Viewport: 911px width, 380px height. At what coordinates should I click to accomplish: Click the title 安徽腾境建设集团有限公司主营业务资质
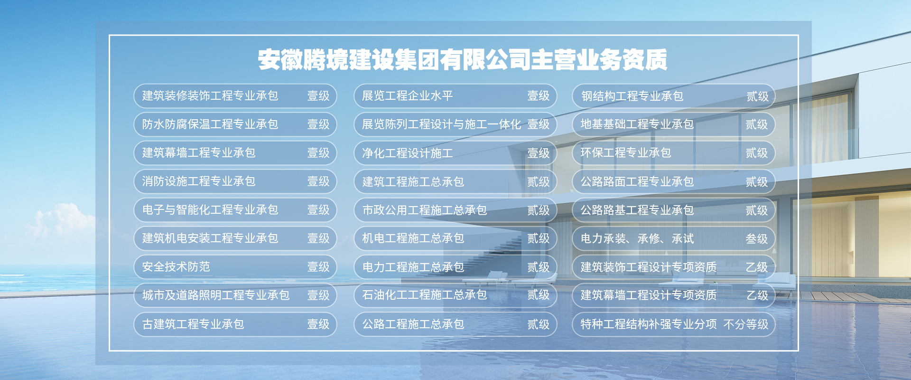[463, 60]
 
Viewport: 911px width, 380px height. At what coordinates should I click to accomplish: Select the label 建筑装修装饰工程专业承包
[210, 96]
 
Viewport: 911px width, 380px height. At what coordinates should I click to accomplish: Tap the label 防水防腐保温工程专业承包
[210, 124]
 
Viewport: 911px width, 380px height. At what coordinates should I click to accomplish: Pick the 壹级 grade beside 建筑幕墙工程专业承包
[318, 153]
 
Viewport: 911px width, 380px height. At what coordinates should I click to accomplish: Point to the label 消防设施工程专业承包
[199, 181]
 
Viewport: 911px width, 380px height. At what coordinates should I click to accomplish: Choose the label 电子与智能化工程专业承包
[210, 210]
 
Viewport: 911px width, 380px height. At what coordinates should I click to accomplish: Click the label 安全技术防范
[176, 267]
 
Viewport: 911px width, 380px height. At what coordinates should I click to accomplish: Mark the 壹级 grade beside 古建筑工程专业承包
[318, 324]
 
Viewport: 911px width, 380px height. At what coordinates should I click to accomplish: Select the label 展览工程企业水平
[408, 96]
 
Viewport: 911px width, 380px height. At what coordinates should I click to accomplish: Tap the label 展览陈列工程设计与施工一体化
[442, 124]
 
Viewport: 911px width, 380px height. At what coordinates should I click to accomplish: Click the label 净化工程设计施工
[408, 153]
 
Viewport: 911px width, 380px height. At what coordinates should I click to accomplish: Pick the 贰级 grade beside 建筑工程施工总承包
[539, 182]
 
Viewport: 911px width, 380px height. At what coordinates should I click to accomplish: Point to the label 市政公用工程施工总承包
[425, 210]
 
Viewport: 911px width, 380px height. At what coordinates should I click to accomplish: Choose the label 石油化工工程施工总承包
[425, 295]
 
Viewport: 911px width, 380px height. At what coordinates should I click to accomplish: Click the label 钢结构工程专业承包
[632, 96]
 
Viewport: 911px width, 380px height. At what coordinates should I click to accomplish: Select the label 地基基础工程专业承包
[637, 124]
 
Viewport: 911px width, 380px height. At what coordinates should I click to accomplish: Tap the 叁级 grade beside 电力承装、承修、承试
[757, 239]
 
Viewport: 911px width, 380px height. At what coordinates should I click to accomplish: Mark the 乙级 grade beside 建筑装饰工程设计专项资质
[757, 267]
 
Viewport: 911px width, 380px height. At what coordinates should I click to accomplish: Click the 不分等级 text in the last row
[746, 324]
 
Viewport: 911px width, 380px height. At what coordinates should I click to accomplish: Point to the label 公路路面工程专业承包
[637, 182]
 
